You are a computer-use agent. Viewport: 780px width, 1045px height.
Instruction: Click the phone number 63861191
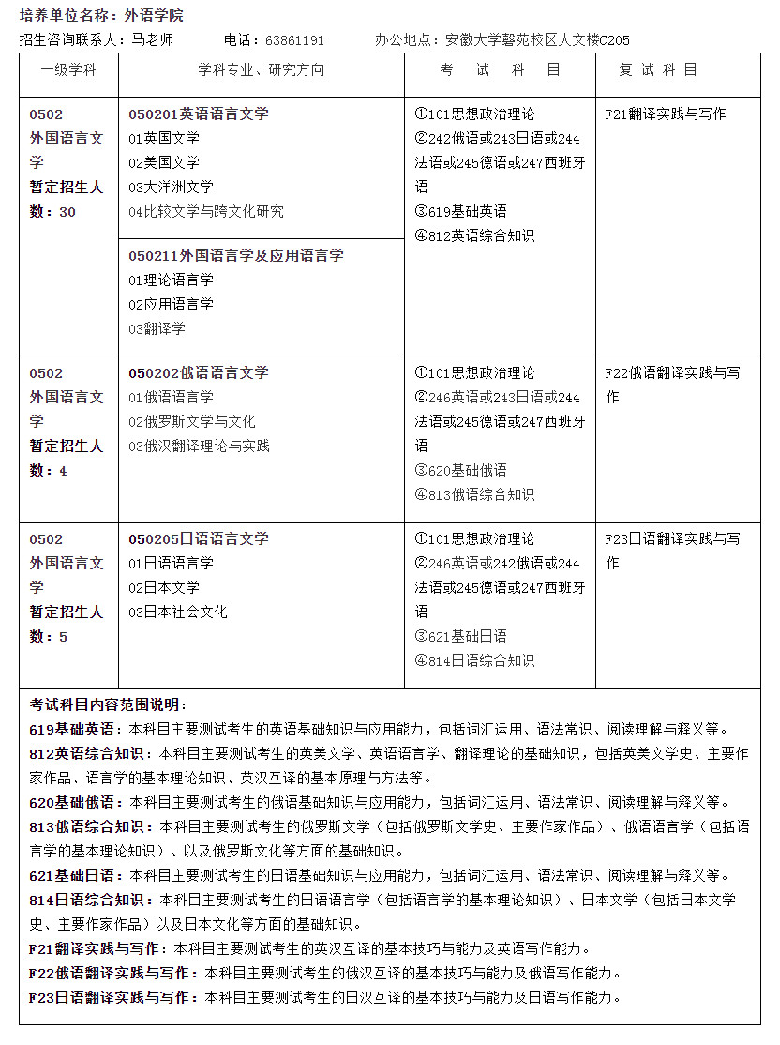(x=294, y=40)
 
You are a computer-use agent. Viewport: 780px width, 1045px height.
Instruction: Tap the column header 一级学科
(x=68, y=70)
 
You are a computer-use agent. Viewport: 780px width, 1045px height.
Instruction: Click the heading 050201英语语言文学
(x=199, y=114)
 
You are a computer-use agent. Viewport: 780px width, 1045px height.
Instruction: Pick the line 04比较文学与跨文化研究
(x=205, y=211)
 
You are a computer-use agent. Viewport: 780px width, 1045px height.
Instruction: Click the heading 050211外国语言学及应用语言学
(x=236, y=255)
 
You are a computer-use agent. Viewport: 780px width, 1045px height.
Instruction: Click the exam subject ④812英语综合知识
(x=474, y=235)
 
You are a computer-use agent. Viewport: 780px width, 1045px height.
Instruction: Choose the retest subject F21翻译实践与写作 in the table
(x=666, y=114)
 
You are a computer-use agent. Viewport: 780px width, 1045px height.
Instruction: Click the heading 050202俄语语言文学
(x=199, y=372)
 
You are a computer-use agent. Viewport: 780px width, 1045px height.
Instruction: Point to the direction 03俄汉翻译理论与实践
(x=199, y=446)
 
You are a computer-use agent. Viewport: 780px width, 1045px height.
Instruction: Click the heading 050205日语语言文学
(x=199, y=538)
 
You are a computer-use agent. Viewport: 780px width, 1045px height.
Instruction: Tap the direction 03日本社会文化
(x=177, y=612)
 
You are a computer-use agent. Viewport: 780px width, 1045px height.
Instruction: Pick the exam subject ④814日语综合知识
(x=474, y=660)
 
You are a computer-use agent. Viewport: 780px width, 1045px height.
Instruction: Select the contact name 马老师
(x=152, y=40)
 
